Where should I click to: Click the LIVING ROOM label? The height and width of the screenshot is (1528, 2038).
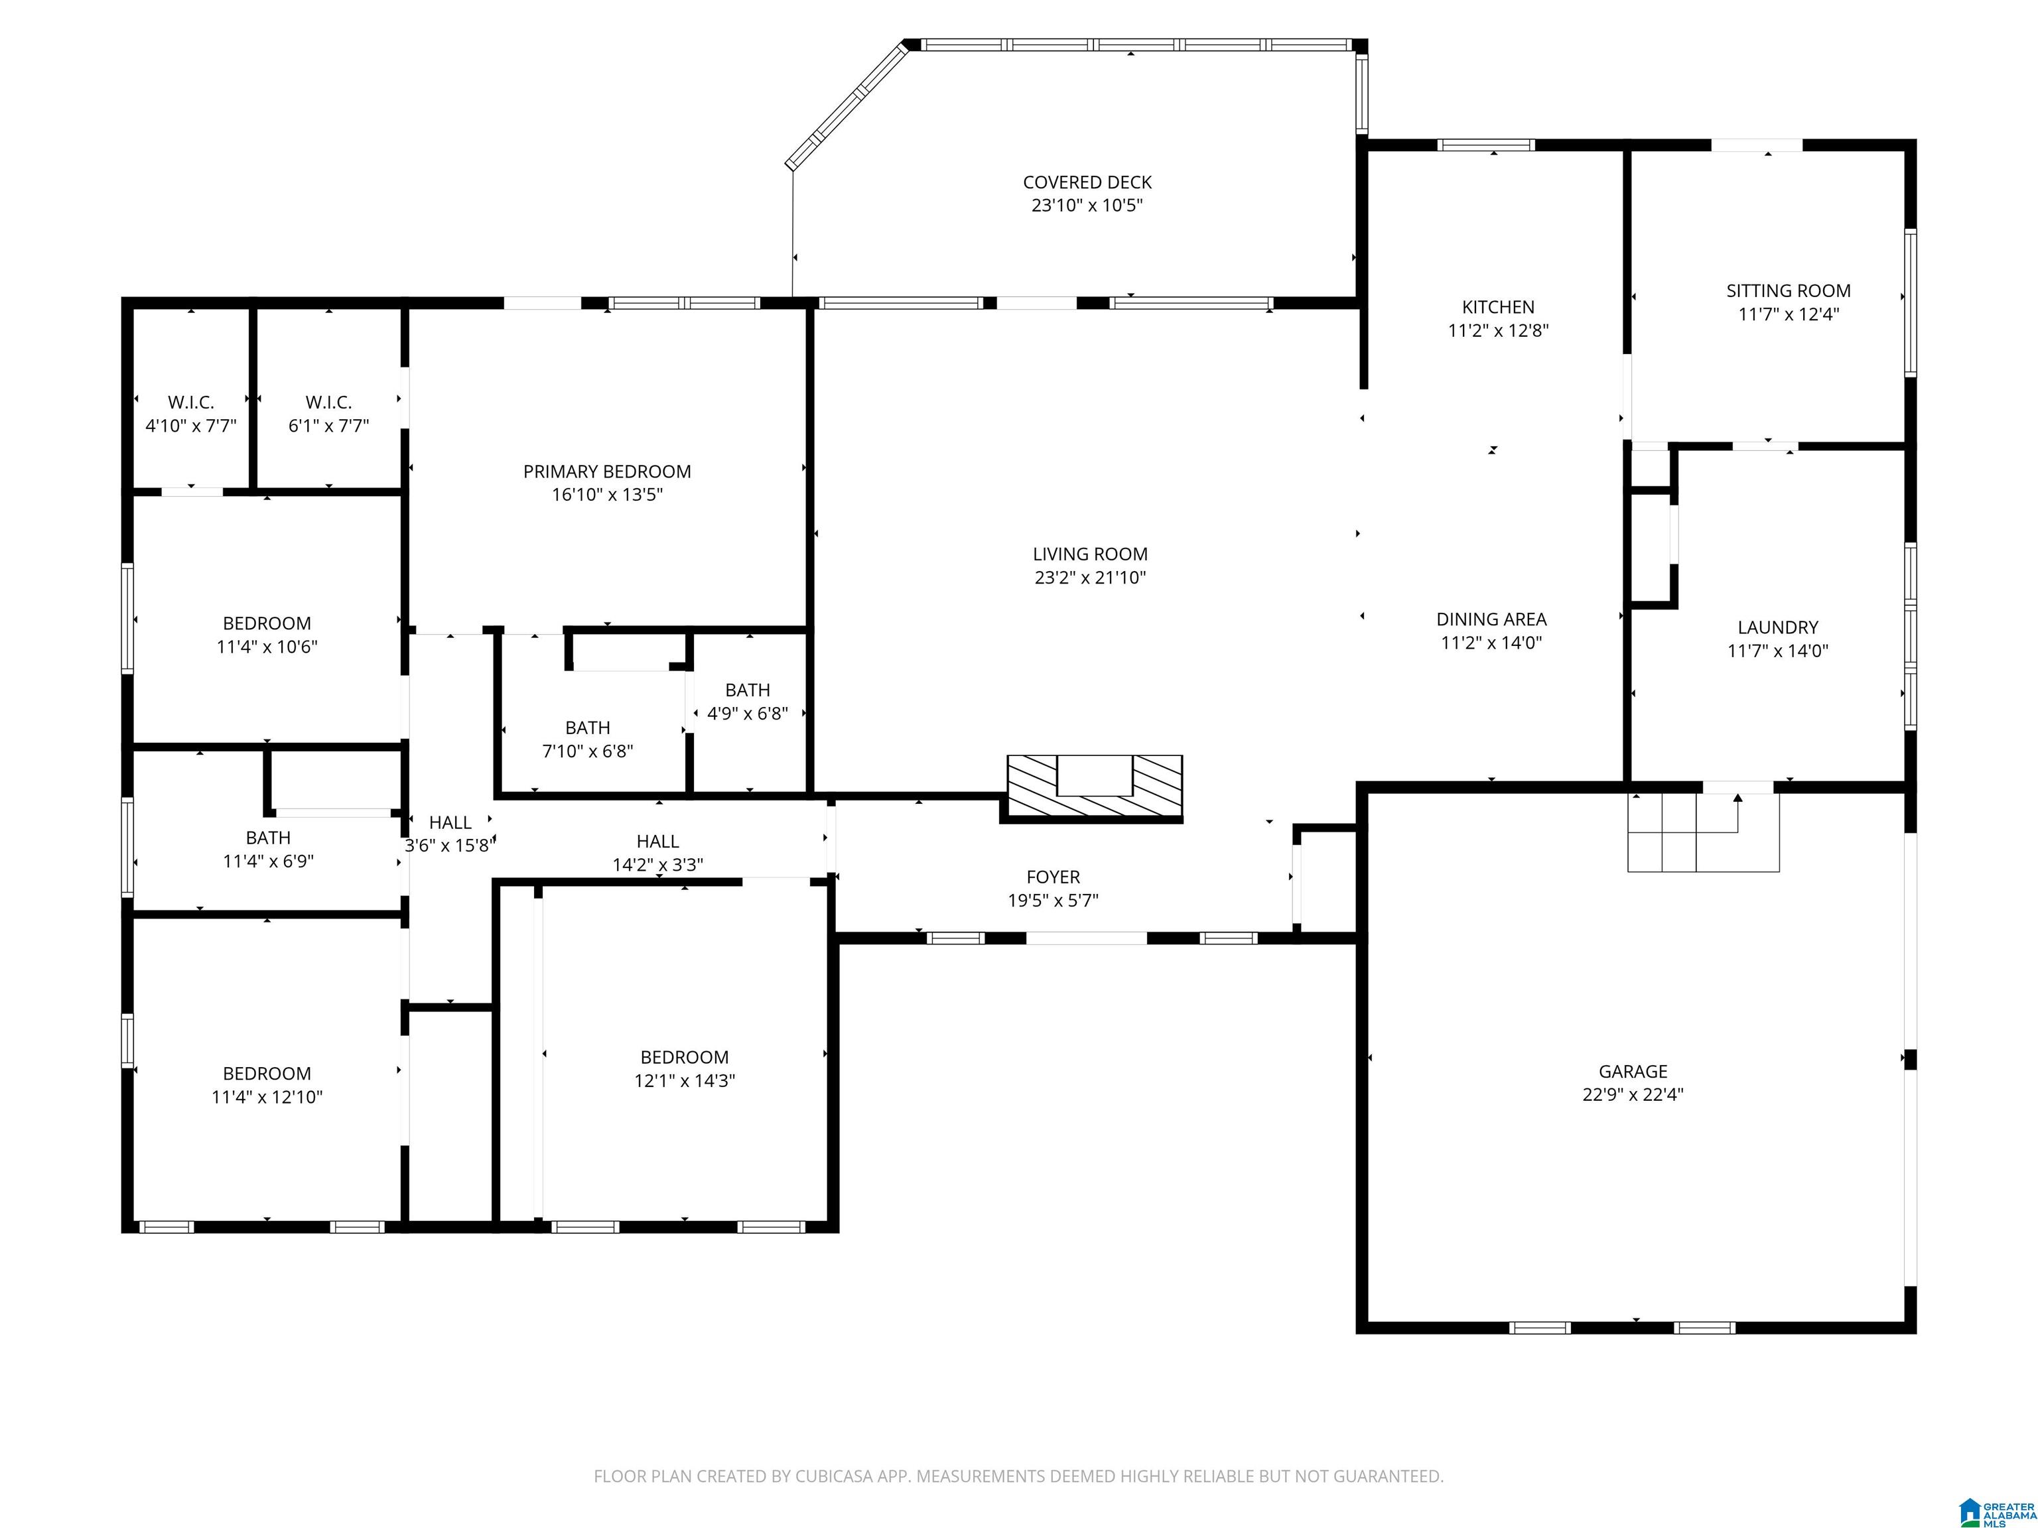(x=1090, y=554)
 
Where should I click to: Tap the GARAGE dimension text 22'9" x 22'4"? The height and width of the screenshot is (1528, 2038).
(x=1633, y=1094)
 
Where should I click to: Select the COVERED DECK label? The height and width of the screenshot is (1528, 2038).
(x=1087, y=182)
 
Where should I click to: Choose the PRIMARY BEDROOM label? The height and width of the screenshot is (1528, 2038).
(x=607, y=472)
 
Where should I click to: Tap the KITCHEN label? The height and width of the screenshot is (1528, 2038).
(x=1498, y=306)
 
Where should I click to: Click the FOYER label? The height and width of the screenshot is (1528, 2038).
(x=1053, y=877)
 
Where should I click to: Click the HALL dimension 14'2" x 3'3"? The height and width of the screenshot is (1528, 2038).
(x=658, y=865)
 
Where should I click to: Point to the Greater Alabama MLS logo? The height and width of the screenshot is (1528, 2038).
(x=1997, y=1511)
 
